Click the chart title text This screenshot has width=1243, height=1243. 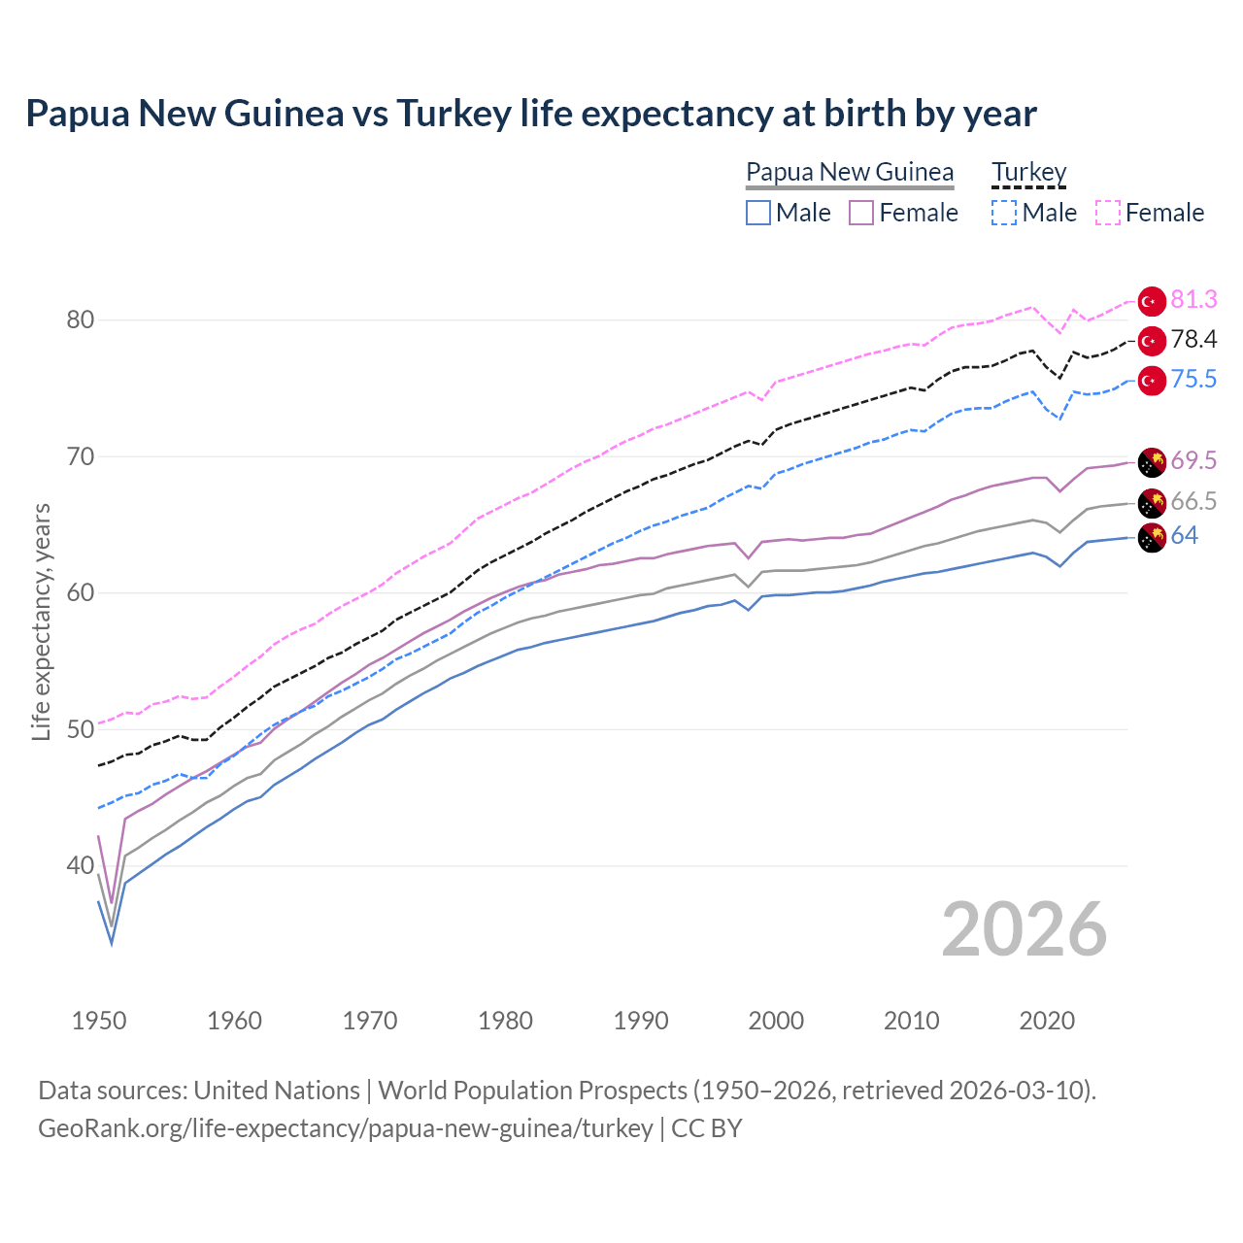tap(530, 114)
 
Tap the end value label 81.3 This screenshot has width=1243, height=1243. tap(1193, 300)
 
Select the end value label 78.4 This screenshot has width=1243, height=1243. tap(1193, 339)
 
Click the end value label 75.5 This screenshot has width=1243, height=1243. tap(1193, 379)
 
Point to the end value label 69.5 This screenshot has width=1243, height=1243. tap(1193, 460)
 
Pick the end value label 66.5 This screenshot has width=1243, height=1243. tap(1193, 501)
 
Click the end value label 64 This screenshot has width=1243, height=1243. tap(1184, 536)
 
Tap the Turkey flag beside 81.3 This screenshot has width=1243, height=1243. tap(1152, 302)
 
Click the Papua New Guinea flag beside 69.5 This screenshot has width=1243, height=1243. tap(1152, 462)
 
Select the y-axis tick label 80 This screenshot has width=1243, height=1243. tap(80, 319)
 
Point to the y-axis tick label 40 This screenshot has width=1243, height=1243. tap(80, 865)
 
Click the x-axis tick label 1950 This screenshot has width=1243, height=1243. tap(99, 1021)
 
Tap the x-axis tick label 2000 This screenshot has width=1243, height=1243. tap(776, 1021)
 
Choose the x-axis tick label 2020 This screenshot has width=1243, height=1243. tap(1047, 1021)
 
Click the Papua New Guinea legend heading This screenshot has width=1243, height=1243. tap(850, 172)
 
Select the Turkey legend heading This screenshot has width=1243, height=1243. tap(1028, 172)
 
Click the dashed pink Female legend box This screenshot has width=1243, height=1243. tap(1108, 213)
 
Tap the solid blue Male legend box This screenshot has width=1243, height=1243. tap(758, 213)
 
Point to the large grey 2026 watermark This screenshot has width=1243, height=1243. tap(1024, 929)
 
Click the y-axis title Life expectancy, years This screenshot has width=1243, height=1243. tap(41, 621)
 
